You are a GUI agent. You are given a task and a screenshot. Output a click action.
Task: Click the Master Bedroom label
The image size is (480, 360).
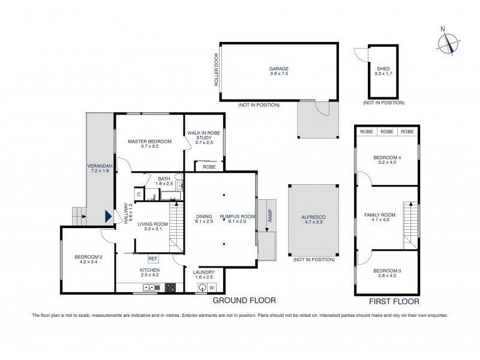[150, 144]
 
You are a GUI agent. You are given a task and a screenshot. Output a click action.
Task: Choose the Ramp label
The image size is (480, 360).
[269, 215]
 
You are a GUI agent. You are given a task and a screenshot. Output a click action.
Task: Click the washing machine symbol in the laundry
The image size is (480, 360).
[211, 287]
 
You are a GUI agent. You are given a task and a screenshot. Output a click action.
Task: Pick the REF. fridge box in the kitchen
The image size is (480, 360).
[153, 259]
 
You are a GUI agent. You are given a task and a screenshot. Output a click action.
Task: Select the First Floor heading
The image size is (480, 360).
[394, 302]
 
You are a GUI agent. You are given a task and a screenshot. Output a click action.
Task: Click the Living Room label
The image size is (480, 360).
[152, 227]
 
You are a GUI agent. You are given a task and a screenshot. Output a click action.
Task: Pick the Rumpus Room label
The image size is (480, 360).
[238, 220]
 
